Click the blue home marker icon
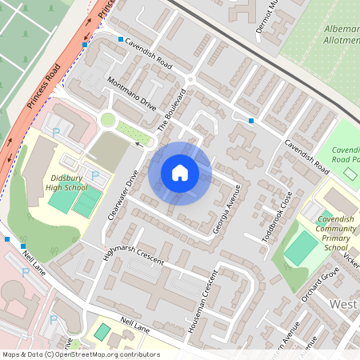click(180, 173)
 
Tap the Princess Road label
click(43, 86)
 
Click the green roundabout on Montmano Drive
click(107, 120)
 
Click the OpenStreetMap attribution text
click(80, 354)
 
